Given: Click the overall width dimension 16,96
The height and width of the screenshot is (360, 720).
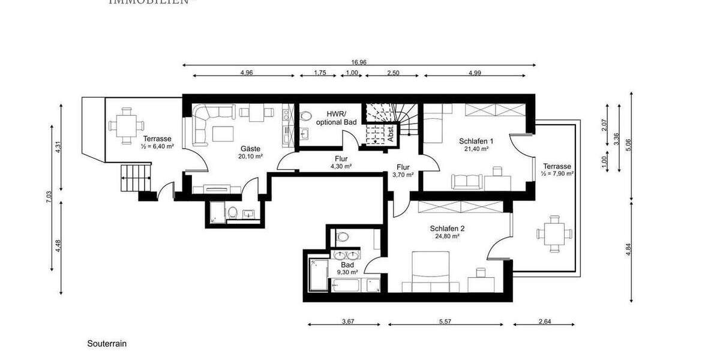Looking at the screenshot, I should coord(360,61).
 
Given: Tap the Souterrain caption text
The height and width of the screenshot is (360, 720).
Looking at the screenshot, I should coord(107,344).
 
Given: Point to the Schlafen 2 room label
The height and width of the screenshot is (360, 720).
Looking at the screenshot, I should coord(447,229).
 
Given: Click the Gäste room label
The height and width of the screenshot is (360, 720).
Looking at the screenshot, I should coord(251,149).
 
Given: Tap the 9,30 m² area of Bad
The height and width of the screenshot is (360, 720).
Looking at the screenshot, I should coord(347,272).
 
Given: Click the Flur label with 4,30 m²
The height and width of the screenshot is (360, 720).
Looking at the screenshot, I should coord(341,160).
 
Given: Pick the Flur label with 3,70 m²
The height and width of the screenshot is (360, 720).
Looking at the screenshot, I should coord(403,168).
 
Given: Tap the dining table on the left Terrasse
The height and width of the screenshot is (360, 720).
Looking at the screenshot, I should coord(126,125).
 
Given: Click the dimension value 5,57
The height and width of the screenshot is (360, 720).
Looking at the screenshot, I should coord(445,322).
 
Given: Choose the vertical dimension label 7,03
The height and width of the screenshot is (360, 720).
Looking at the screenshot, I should coord(49,198).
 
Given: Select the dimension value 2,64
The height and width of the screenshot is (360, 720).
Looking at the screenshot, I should coord(544,322).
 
